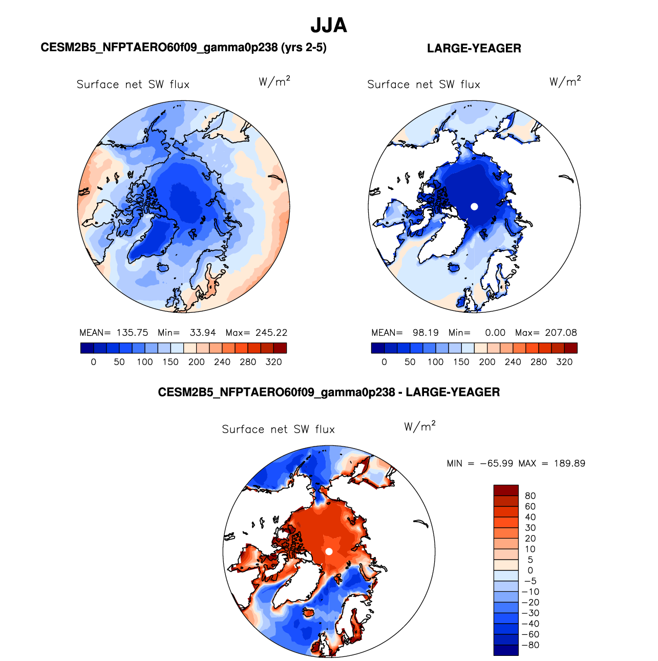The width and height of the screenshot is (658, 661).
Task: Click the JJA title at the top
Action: [329, 26]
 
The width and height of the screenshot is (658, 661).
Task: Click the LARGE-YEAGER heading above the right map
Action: [474, 48]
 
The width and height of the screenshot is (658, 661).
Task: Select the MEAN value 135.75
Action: [133, 332]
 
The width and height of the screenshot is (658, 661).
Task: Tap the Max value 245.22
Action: [271, 332]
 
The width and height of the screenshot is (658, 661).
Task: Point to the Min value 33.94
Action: [203, 332]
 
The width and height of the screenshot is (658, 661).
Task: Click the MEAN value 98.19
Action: [426, 332]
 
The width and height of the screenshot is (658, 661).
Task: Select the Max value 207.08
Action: [561, 332]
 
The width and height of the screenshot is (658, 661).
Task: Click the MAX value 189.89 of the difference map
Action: [569, 463]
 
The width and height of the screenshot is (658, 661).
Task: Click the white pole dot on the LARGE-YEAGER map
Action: [474, 206]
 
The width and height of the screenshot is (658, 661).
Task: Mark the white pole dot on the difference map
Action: [329, 551]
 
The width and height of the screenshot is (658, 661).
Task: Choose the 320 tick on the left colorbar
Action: [273, 362]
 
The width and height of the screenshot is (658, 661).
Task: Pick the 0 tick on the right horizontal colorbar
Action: [384, 362]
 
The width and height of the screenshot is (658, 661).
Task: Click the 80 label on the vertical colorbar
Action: [530, 496]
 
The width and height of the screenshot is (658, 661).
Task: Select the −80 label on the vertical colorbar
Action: [530, 645]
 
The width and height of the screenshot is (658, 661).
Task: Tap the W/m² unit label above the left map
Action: [274, 81]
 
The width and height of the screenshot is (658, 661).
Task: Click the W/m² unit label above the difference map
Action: [419, 426]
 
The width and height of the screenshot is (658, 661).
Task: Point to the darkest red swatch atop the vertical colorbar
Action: [506, 490]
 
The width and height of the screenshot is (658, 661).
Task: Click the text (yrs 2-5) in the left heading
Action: [304, 48]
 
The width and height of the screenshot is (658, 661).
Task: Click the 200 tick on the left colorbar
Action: [196, 362]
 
